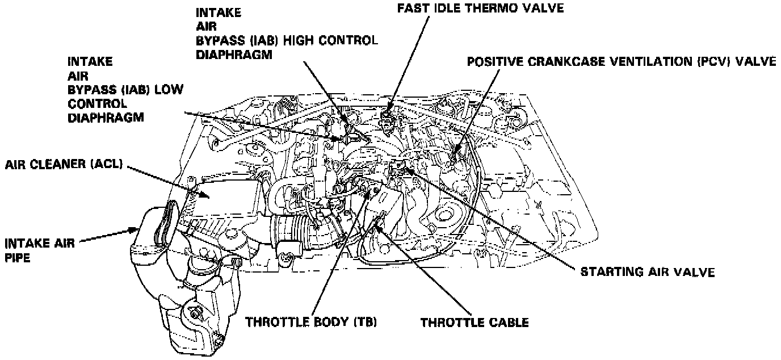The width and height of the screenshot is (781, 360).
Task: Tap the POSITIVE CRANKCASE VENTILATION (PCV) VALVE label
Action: [x=621, y=61]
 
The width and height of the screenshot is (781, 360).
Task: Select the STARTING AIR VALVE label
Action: [x=647, y=272]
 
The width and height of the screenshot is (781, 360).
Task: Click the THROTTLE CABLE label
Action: [x=475, y=323]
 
